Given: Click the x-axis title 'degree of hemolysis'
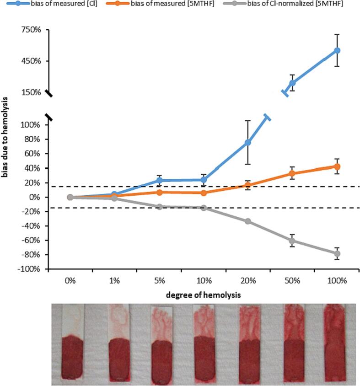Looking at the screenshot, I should pyautogui.click(x=203, y=295).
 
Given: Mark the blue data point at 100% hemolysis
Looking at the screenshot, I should pyautogui.click(x=337, y=50).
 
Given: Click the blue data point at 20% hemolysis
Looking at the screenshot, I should pyautogui.click(x=247, y=143).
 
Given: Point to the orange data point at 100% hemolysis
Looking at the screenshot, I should pyautogui.click(x=337, y=166).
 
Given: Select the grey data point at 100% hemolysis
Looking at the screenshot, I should pyautogui.click(x=337, y=254).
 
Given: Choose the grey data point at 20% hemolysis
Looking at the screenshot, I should pyautogui.click(x=247, y=221).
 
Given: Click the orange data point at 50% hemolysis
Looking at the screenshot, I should pyautogui.click(x=292, y=173).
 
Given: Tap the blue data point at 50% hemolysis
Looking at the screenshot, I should pyautogui.click(x=292, y=83).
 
